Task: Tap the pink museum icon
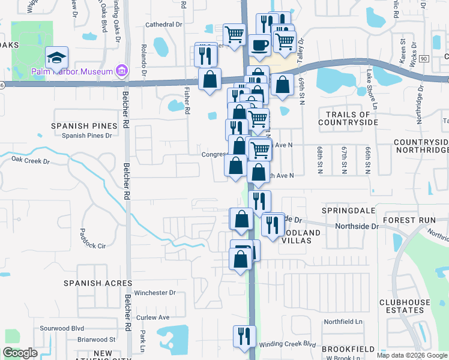point(122,71)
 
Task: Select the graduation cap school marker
point(56,58)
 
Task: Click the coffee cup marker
point(259,46)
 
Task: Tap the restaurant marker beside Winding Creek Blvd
point(244,335)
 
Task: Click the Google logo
point(20,353)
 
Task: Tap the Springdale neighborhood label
point(349,211)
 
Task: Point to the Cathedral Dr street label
point(164,25)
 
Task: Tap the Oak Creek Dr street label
point(29,161)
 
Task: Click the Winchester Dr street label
point(154,293)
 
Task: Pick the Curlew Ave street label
point(154,317)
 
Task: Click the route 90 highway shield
point(423,58)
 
